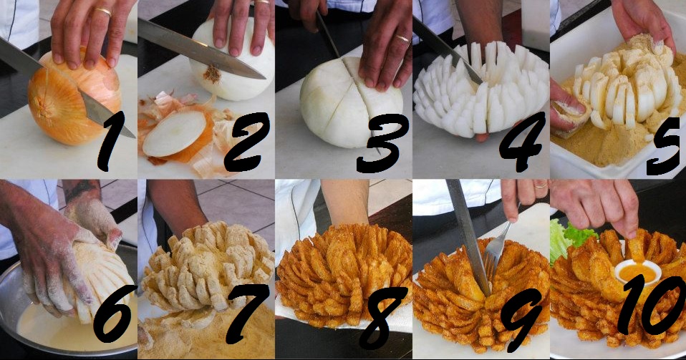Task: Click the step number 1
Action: point(110,141)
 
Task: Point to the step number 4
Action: point(523,141)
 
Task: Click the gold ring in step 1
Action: point(104,11)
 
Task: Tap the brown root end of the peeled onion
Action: point(213,74)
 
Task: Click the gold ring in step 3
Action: point(403,39)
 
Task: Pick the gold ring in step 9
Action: point(541,186)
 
